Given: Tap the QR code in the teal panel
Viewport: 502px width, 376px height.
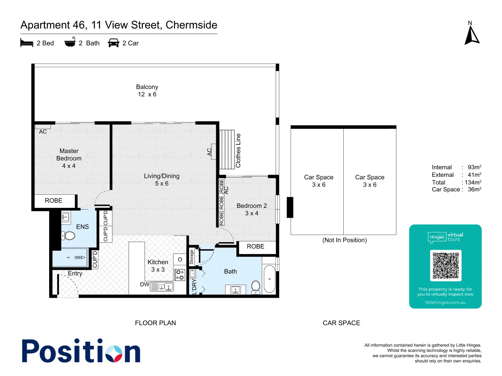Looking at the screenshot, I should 446,265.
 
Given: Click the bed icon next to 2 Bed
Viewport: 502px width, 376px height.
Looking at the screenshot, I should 27,43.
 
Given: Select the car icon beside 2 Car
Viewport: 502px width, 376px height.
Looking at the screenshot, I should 114,43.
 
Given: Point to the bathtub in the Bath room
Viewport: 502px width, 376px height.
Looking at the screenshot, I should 269,279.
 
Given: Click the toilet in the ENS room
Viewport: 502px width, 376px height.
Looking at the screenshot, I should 69,236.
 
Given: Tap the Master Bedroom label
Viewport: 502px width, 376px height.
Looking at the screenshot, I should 69,155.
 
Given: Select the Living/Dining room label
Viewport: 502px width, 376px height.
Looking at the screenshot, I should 162,176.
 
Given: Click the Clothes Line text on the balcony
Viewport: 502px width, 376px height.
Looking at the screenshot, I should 238,150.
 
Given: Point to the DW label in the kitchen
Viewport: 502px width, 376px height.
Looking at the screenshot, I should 144,284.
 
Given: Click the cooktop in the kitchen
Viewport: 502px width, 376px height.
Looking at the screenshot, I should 180,275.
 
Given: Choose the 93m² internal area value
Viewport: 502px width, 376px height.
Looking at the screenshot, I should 474,167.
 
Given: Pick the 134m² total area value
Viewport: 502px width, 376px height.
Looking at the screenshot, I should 473,182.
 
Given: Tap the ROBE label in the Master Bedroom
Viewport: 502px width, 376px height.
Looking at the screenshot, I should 54,201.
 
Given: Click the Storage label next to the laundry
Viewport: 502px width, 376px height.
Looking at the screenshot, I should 191,257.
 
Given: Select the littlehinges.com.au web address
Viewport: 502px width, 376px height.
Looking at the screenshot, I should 445,303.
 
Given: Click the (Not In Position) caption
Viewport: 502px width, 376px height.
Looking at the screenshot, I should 344,240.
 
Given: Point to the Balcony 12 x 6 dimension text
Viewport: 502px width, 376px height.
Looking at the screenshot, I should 147,94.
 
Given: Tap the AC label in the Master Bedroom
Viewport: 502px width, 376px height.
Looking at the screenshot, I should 43,132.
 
